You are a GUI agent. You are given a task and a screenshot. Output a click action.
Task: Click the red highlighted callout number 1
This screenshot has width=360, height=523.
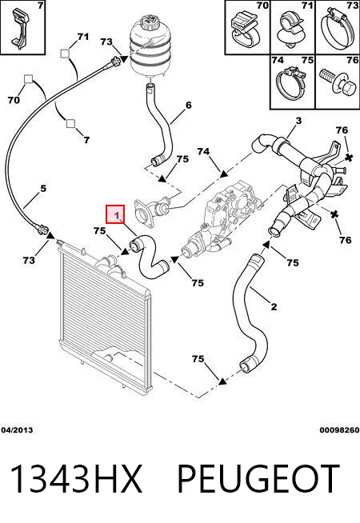[115, 214]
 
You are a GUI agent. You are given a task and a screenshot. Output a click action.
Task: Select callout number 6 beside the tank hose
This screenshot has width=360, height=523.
[189, 106]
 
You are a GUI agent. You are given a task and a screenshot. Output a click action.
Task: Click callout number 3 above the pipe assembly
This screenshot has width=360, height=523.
[298, 121]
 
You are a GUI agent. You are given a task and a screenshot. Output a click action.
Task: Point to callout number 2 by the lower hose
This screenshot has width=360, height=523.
[274, 306]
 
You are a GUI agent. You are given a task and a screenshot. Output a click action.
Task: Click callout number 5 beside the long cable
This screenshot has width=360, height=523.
[43, 189]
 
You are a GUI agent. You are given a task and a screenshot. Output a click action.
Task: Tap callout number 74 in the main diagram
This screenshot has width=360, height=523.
[203, 151]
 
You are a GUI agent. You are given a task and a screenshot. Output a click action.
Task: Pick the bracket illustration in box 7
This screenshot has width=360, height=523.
[19, 28]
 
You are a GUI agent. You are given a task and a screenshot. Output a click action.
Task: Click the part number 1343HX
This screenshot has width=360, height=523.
[76, 478]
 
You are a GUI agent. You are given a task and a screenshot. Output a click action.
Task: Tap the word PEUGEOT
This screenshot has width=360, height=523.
[258, 478]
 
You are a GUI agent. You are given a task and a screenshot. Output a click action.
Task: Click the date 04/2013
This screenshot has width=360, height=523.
[17, 430]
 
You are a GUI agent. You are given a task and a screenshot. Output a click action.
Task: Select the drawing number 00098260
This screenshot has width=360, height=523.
[340, 430]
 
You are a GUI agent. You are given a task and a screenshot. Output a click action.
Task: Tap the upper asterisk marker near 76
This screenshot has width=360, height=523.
[349, 158]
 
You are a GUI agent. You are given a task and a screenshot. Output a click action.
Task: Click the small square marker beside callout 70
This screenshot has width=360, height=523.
[28, 79]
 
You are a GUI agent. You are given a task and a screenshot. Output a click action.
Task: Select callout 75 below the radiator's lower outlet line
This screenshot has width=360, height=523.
[198, 359]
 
